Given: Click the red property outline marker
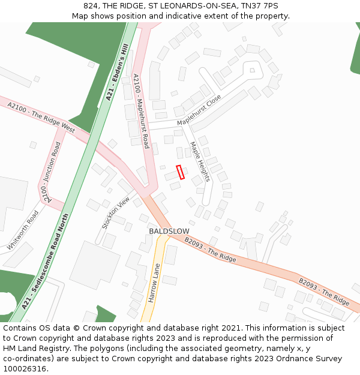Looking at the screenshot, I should pyautogui.click(x=179, y=172).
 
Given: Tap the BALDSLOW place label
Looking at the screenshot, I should pyautogui.click(x=169, y=231).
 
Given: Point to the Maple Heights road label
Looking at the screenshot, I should pyautogui.click(x=199, y=161).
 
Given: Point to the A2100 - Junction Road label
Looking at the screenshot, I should pyautogui.click(x=51, y=172).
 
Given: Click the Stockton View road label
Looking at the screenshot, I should pyautogui.click(x=116, y=212).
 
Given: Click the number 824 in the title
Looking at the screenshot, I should pyautogui.click(x=91, y=6).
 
